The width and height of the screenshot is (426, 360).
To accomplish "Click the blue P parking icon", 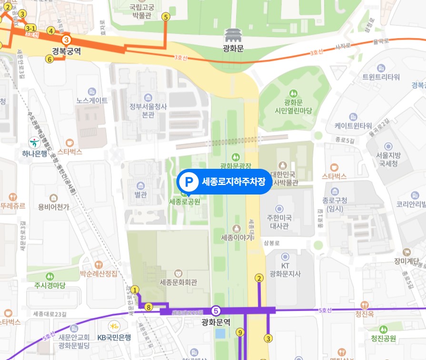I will pos(189,181).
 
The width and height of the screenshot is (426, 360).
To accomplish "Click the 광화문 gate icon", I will pos(233,35).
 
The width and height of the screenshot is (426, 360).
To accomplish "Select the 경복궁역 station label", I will pos(67,51).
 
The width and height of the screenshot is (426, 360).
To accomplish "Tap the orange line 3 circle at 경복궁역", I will pos(67,40).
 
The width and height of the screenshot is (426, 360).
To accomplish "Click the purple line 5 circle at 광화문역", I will pos(216,311).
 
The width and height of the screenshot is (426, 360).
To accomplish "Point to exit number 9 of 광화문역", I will pos(240,332).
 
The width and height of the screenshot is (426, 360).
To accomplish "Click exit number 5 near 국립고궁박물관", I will pos(166,17).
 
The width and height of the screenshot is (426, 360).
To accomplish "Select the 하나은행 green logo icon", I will pos(34,141).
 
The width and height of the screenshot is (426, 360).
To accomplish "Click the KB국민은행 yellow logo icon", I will pos(114,326).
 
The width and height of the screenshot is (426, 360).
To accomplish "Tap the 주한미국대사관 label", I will pos(279,222).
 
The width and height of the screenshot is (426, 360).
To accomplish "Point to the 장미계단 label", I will pos(406,260).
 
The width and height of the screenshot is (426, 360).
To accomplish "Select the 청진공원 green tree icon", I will pos(383,329).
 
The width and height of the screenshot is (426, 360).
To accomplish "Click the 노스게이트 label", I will pos(92,101).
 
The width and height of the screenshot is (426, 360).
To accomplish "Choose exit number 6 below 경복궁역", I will pos(49,59).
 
